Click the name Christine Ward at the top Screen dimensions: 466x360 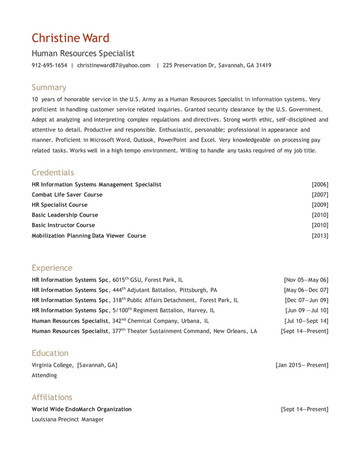(71, 38)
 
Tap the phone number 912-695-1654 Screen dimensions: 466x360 (49, 65)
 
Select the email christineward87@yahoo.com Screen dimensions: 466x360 (113, 65)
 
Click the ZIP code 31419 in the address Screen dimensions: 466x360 (263, 65)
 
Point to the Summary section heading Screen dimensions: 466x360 (49, 87)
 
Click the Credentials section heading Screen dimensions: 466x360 (52, 173)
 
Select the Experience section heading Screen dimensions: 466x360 (52, 268)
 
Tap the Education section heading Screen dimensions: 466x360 (50, 353)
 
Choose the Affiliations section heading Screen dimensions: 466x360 (52, 397)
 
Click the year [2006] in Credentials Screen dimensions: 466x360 (319, 184)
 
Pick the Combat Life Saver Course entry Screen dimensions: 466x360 (67, 195)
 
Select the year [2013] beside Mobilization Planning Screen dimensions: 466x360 (319, 236)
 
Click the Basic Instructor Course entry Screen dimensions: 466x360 (63, 225)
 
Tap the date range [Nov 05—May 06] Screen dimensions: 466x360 (306, 280)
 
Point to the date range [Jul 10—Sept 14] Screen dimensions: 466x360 (306, 321)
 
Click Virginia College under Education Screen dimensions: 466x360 (52, 365)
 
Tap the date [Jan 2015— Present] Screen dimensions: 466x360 (302, 365)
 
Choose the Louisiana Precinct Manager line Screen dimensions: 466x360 (68, 420)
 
